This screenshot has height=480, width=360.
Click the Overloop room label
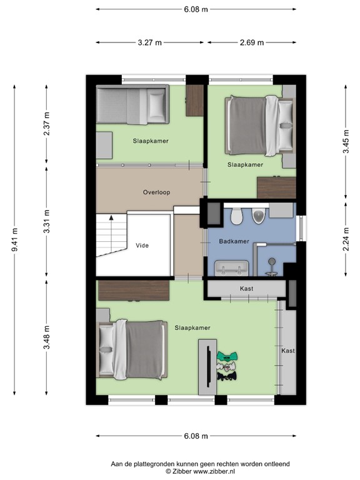click(x=156, y=192)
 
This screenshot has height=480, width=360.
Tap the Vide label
click(x=142, y=246)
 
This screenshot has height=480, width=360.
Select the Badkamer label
click(x=234, y=241)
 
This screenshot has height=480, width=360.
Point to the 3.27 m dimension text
click(x=150, y=42)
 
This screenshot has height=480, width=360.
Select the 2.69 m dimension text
click(x=251, y=42)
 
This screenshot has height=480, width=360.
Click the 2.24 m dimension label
click(x=346, y=239)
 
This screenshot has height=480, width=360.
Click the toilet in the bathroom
click(x=236, y=216)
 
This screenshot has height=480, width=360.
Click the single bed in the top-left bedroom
click(x=132, y=105)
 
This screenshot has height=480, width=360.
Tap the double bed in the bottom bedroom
click(x=132, y=349)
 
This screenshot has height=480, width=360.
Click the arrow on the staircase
click(x=111, y=219)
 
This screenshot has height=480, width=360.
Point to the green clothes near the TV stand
click(x=227, y=358)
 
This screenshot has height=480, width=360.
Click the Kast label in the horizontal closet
click(x=246, y=288)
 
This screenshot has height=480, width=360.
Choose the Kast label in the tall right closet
click(x=287, y=351)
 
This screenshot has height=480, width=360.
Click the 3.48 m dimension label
click(x=47, y=338)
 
